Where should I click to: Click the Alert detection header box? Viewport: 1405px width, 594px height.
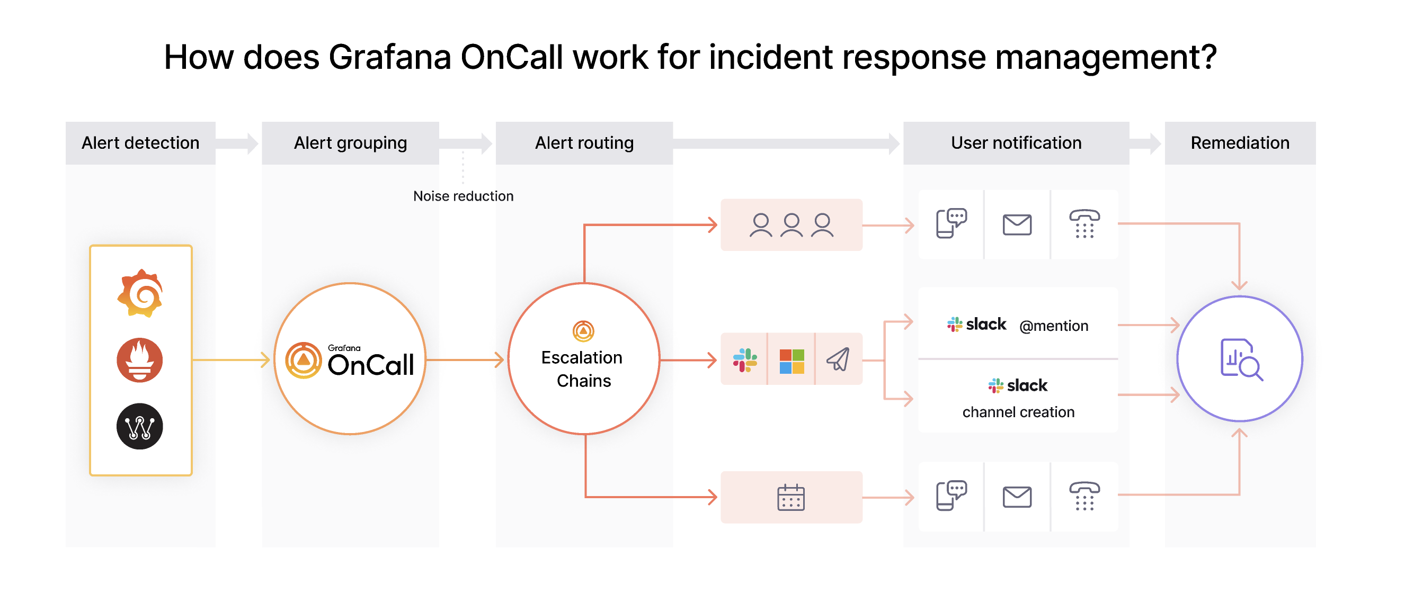pos(140,143)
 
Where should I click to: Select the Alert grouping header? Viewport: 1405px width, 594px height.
pos(350,143)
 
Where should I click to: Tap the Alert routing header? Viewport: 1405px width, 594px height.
pos(584,143)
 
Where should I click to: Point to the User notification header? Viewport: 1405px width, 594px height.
pos(1016,143)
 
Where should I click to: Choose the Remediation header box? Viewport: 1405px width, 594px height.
pos(1240,143)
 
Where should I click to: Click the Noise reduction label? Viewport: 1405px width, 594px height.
pos(463,196)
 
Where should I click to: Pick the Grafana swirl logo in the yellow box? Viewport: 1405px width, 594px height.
pos(140,293)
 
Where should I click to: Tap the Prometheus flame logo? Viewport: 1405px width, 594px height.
pos(140,359)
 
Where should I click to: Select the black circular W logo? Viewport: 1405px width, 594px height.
pos(140,426)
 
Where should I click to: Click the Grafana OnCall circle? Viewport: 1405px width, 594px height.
pos(350,358)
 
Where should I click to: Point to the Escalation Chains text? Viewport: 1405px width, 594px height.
pos(583,369)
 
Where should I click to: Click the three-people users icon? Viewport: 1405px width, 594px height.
pos(792,225)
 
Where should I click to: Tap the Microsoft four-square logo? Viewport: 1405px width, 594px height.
pos(792,361)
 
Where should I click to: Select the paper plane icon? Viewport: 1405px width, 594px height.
pos(838,359)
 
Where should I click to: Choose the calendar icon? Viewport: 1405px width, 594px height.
pos(791,497)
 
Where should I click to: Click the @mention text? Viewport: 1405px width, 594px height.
pos(1053,326)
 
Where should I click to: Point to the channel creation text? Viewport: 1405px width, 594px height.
pos(1018,412)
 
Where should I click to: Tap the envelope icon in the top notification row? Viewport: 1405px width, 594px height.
pos(1017,224)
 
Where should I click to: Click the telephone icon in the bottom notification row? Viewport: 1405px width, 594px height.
pos(1084,496)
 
